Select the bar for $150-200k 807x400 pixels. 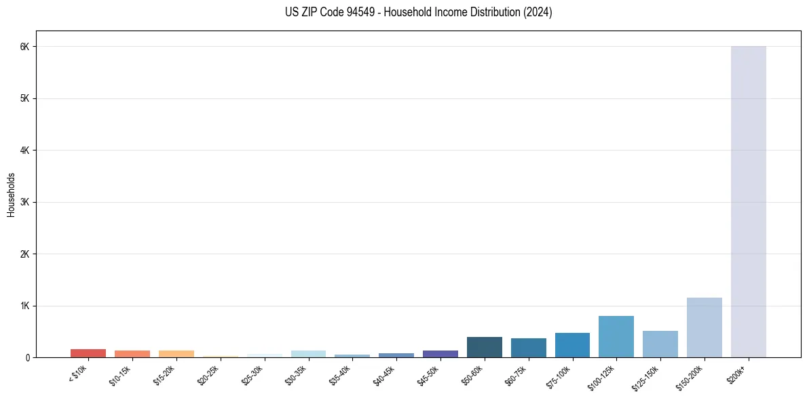coord(704,327)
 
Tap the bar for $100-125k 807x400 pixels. coord(616,337)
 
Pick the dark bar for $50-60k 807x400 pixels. coord(484,347)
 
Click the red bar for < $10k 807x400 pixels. coord(88,353)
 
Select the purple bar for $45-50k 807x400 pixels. coord(440,354)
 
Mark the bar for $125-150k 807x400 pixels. coord(660,344)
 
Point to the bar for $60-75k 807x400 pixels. coord(528,348)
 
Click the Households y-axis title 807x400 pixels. coord(12,195)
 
